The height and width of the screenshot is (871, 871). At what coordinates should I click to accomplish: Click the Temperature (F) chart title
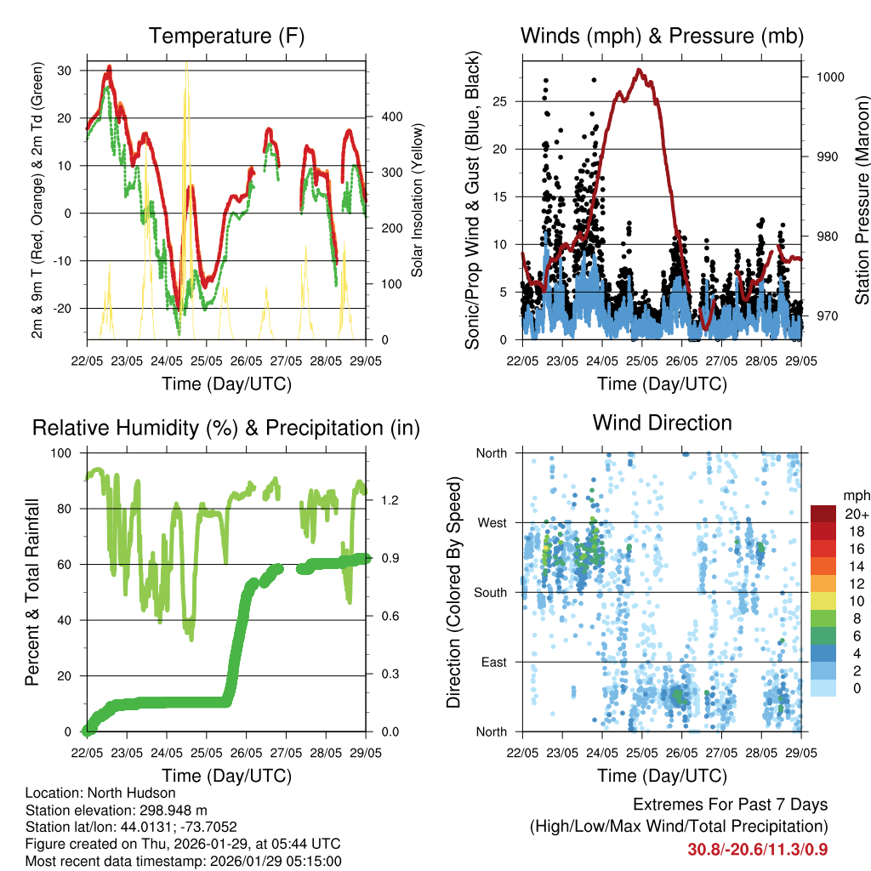coord(226,36)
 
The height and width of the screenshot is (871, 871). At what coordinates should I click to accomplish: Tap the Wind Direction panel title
coord(662,423)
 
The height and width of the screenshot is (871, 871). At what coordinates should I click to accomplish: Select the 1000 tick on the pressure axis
coord(829,77)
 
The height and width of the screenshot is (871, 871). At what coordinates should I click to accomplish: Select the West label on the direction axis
coord(492,522)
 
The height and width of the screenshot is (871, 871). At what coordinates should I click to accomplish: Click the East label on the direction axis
coord(493,662)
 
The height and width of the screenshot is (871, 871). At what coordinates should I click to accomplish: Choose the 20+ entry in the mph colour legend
coord(855,514)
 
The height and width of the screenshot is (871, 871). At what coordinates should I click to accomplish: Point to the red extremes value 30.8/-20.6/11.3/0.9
coord(758,849)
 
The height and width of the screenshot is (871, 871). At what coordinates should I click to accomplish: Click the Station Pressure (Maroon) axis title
coord(862,201)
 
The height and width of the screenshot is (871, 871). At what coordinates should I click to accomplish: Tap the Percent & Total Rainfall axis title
coord(32,592)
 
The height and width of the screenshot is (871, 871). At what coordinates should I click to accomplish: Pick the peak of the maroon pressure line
coord(639,70)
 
